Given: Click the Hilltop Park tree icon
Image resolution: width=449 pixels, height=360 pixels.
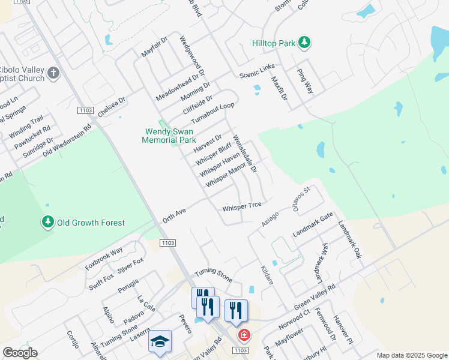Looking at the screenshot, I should click(305, 42).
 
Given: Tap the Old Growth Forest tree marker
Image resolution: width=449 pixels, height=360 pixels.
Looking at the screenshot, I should click(47, 223).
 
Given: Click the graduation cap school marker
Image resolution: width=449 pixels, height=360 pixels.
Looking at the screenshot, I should click(160, 341).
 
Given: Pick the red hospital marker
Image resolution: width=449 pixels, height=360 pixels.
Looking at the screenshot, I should click(243, 334).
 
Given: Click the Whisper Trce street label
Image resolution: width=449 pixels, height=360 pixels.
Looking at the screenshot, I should click(242, 207).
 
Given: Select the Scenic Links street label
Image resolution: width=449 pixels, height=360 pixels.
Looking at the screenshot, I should click(257, 70).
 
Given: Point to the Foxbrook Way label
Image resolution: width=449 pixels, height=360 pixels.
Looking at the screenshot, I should click(104, 258).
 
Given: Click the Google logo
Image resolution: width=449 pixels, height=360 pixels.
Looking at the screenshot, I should click(20, 353).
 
